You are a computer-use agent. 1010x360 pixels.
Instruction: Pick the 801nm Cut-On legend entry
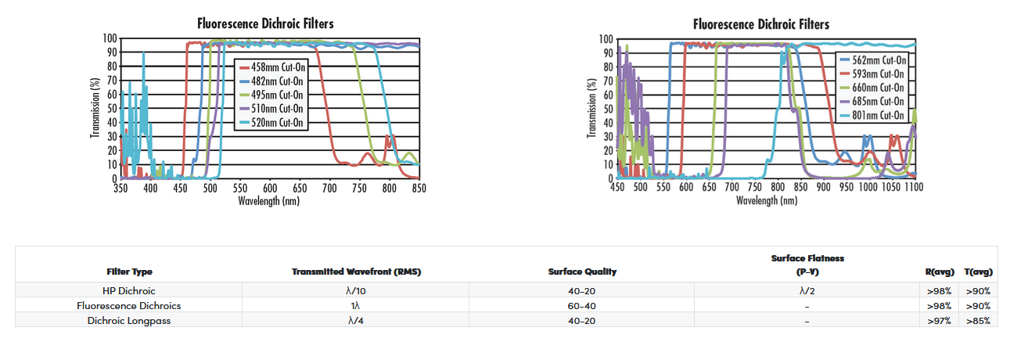[876, 115]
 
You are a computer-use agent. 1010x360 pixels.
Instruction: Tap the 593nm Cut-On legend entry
[876, 74]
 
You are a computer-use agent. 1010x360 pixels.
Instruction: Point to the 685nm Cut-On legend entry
[876, 101]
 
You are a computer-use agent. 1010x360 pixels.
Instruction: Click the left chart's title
[265, 23]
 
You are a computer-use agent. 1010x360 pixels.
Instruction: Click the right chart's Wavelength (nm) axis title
[767, 201]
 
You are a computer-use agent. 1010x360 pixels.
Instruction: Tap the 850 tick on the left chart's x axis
[419, 189]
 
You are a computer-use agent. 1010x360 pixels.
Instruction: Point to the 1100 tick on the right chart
[914, 188]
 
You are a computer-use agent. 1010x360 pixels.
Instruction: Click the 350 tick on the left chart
[120, 189]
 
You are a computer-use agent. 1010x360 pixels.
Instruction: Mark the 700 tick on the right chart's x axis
[732, 188]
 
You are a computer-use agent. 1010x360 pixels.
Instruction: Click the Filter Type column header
[129, 272]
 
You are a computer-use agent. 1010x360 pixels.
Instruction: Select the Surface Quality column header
[582, 272]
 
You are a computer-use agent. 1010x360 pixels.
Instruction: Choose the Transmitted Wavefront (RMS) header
[356, 272]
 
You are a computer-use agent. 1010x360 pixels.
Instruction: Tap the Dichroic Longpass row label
[129, 320]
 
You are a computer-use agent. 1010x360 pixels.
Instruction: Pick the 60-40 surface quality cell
[582, 306]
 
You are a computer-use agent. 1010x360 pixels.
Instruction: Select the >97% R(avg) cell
[940, 320]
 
